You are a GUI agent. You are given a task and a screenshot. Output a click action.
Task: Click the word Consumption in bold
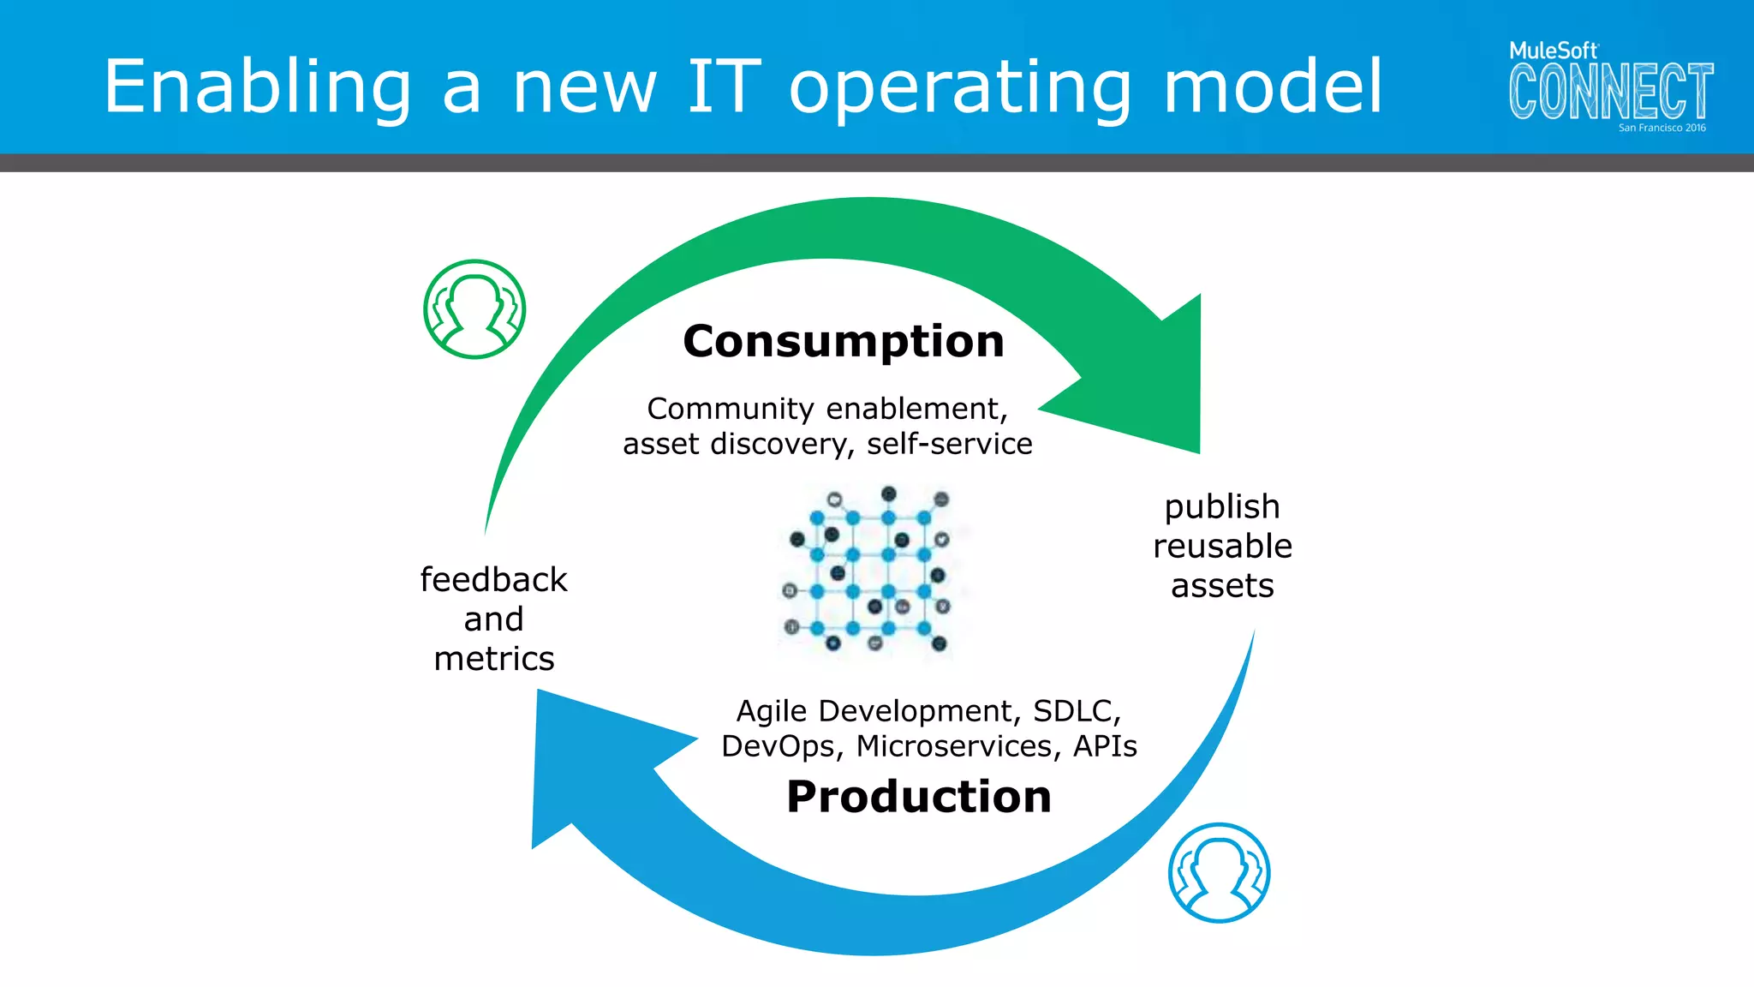(x=843, y=342)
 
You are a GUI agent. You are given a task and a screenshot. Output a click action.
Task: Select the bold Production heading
(x=918, y=797)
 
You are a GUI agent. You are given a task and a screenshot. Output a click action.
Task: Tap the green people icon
(x=474, y=309)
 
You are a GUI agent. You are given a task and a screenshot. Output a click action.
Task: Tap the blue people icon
(x=1219, y=872)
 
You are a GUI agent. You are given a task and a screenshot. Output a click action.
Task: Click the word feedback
(x=493, y=580)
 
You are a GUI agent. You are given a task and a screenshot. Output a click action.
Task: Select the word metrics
(x=494, y=659)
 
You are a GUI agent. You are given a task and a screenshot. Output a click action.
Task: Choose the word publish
(x=1222, y=507)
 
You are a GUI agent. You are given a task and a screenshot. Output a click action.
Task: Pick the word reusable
(x=1222, y=547)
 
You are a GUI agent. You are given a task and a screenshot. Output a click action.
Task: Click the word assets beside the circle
(x=1222, y=586)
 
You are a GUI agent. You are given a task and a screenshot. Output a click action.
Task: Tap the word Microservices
(x=953, y=746)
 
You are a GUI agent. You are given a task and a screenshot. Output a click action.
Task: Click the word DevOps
(x=776, y=746)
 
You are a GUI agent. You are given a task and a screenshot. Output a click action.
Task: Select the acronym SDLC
(x=1076, y=711)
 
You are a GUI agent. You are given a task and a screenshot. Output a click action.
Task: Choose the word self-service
(x=949, y=444)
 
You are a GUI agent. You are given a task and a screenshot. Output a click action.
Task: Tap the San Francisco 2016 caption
(x=1662, y=128)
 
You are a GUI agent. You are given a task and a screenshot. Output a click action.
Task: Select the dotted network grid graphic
(x=868, y=570)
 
